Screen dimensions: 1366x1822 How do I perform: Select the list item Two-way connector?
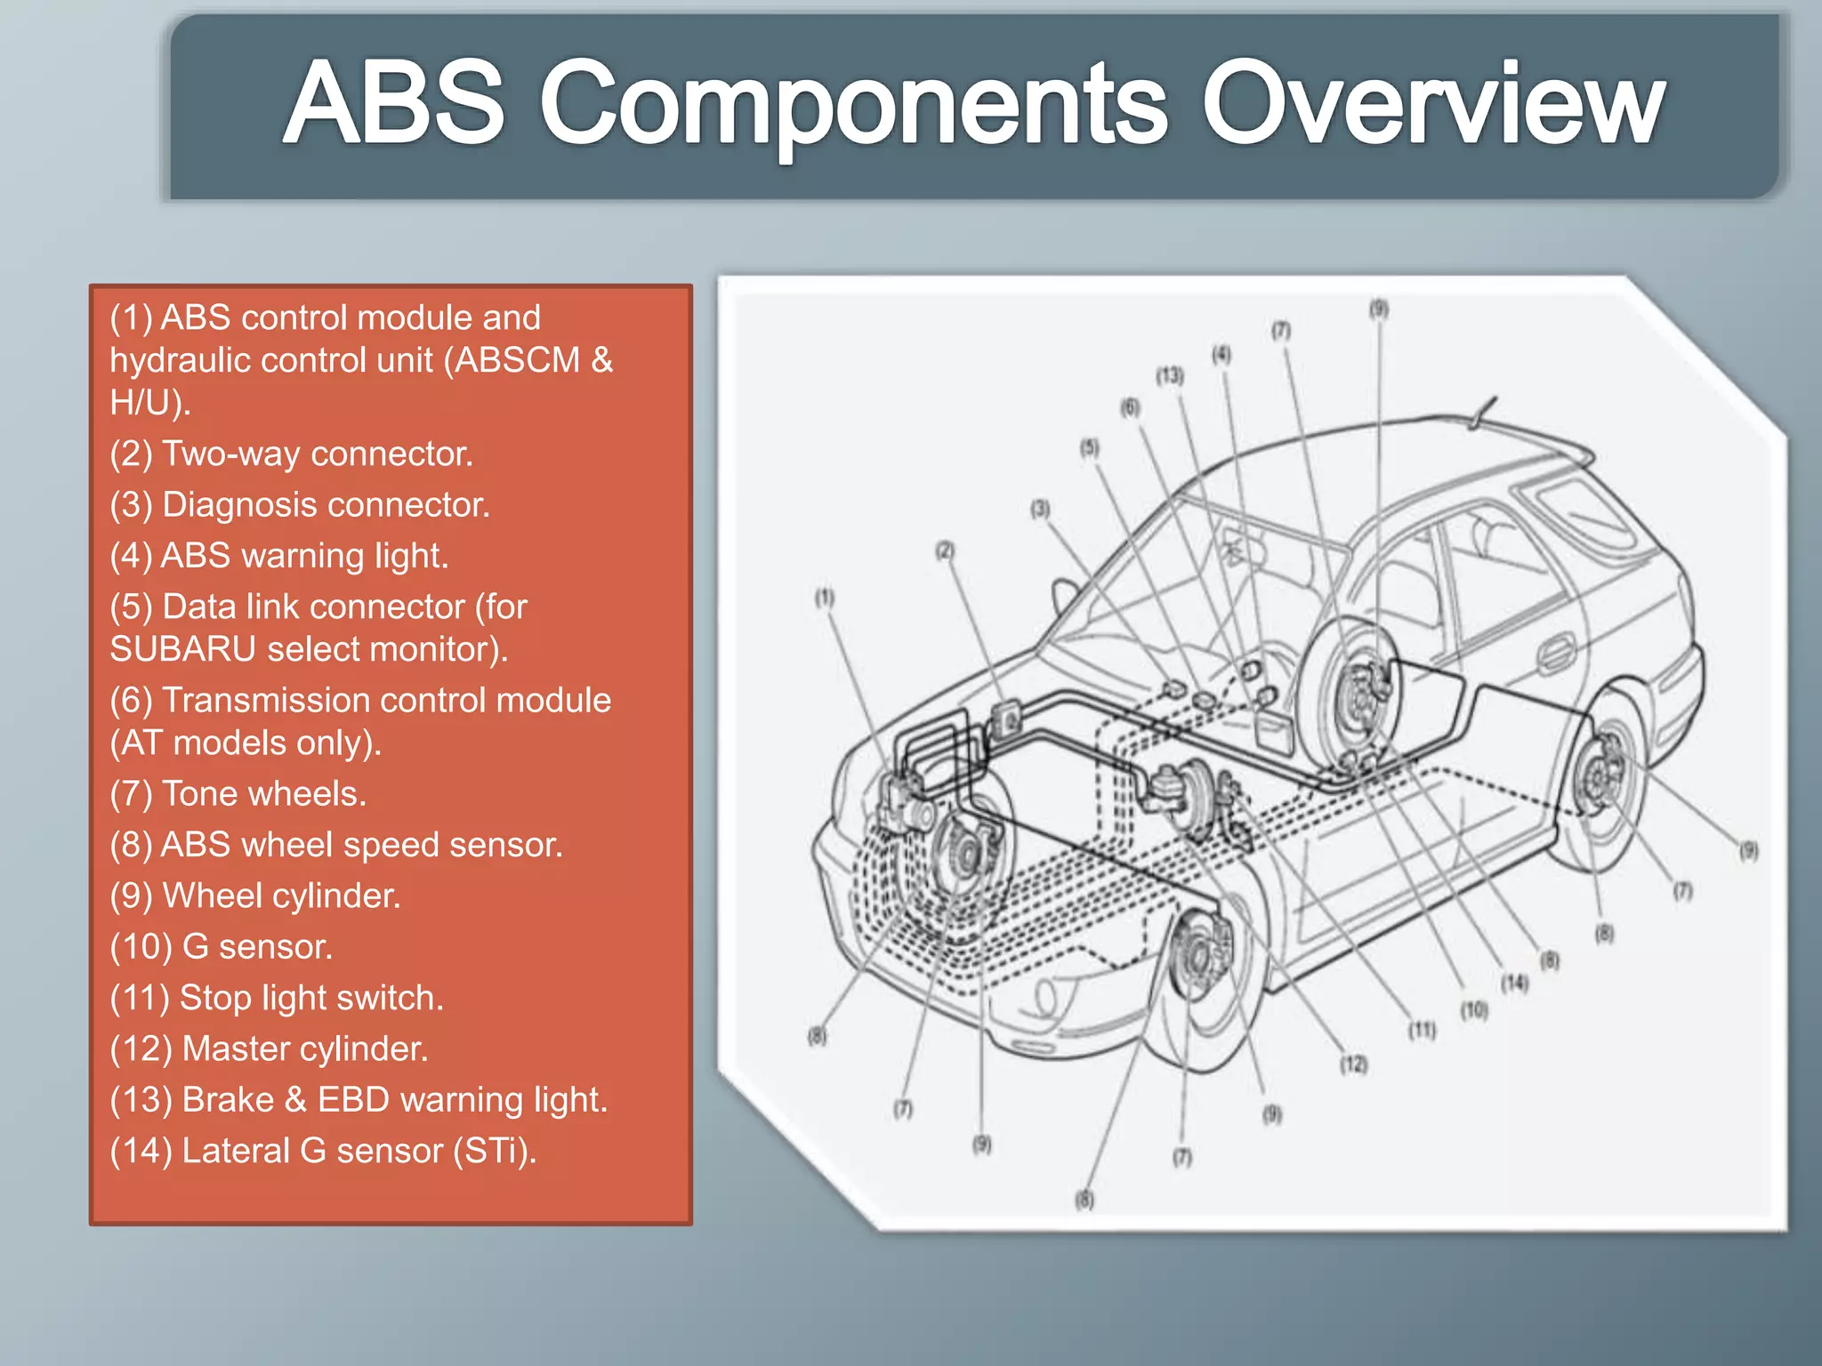(x=292, y=454)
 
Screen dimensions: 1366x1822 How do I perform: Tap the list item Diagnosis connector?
(x=300, y=505)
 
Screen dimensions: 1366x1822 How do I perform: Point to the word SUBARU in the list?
(x=183, y=649)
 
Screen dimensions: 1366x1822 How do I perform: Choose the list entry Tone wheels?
(x=238, y=794)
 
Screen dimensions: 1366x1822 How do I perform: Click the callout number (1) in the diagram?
(x=825, y=598)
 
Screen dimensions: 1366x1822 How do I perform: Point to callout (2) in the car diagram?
(x=945, y=550)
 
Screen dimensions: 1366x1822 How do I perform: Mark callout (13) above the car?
(x=1170, y=376)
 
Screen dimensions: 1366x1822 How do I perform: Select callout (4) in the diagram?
(x=1221, y=355)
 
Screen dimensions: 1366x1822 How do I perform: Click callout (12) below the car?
(x=1353, y=1065)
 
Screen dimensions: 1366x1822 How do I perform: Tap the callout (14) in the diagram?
(x=1514, y=983)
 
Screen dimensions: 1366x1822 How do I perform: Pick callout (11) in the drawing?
(x=1422, y=1030)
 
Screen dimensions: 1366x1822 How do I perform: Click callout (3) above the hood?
(x=1040, y=510)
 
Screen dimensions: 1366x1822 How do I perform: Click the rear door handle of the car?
(x=1555, y=654)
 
